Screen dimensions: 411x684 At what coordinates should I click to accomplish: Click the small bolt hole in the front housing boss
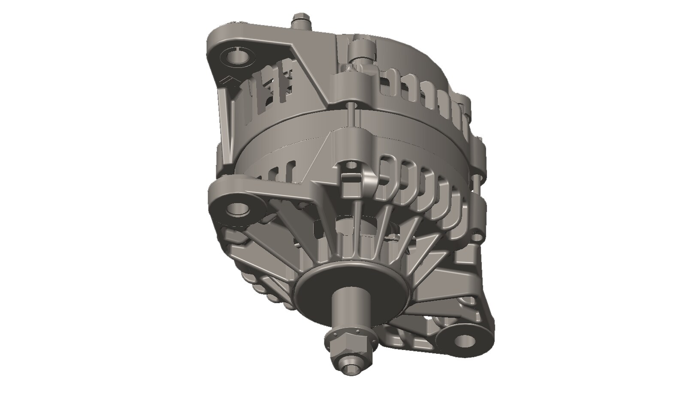pyautogui.click(x=351, y=164)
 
